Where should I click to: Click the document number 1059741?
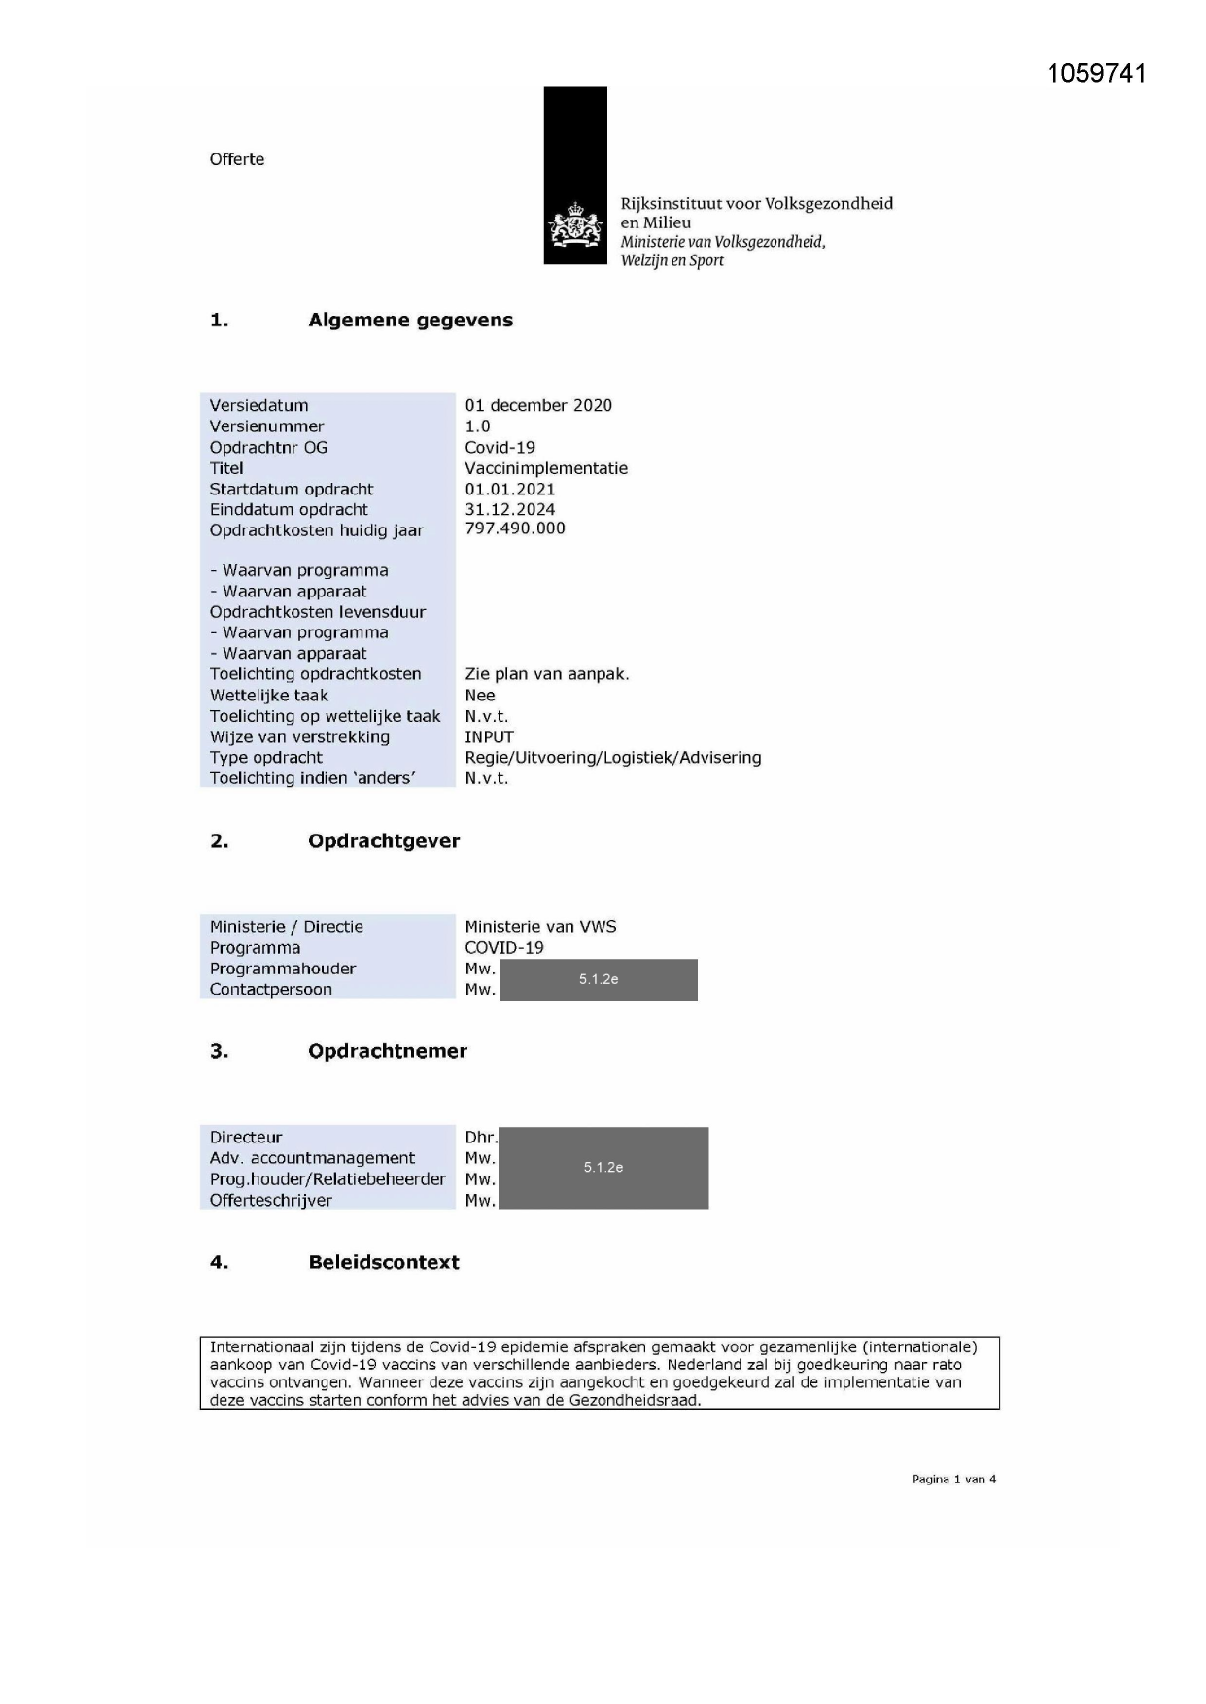pos(1096,74)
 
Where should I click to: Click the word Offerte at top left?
pos(236,159)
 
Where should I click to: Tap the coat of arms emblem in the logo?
pos(575,226)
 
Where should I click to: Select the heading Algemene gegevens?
pos(410,321)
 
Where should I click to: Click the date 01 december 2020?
pos(537,405)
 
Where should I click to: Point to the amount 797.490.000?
pos(514,528)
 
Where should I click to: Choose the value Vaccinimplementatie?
pos(545,468)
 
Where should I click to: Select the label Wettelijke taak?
pos(268,696)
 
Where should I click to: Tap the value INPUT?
pos(489,736)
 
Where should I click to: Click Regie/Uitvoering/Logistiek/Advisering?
pos(612,758)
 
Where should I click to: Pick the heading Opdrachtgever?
pos(383,841)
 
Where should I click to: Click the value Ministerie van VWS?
pos(539,927)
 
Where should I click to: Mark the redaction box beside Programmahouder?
pos(599,979)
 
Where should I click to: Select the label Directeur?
pos(246,1137)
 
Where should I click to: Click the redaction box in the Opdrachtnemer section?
pos(603,1168)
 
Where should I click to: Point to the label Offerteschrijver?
pos(270,1200)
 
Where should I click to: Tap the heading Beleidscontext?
pos(383,1262)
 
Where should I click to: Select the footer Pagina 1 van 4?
pos(953,1479)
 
